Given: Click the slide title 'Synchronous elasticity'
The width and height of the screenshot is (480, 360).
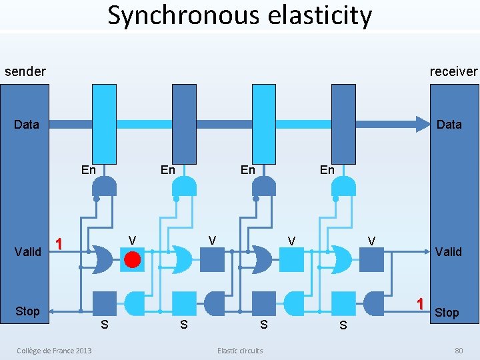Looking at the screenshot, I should point(240,15).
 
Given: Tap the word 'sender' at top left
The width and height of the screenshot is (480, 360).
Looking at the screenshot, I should point(25,71).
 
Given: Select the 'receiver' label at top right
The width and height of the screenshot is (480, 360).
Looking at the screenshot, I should point(453,71).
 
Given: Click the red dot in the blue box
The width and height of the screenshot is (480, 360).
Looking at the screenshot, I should point(133,259).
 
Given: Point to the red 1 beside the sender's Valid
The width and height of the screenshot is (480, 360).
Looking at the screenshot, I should point(59,244).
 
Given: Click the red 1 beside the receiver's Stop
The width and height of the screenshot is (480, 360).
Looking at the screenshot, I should point(420,303).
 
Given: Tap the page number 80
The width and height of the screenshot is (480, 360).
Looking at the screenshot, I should point(458,351).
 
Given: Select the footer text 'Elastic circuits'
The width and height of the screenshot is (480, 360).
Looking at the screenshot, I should point(240,351).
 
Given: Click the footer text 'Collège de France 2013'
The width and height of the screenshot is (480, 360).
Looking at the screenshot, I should point(55,351).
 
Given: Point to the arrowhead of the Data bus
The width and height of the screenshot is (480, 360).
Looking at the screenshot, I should point(421,124).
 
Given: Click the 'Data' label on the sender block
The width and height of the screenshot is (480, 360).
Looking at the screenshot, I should point(27,124).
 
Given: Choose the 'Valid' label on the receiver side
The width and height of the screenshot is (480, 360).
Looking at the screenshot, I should point(448,251).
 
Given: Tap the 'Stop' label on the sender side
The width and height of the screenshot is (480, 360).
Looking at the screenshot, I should point(27,311).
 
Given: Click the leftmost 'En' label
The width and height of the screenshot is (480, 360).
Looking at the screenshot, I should point(88,169).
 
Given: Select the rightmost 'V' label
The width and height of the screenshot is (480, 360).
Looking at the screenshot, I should point(371,240).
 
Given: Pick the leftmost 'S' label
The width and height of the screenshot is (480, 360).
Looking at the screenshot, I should point(104,325).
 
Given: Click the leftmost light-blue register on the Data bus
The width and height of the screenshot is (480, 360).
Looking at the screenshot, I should point(105,124).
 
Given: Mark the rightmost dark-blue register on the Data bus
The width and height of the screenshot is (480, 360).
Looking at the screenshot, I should point(343,124).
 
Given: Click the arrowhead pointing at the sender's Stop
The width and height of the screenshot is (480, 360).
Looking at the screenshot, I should point(53,311).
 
